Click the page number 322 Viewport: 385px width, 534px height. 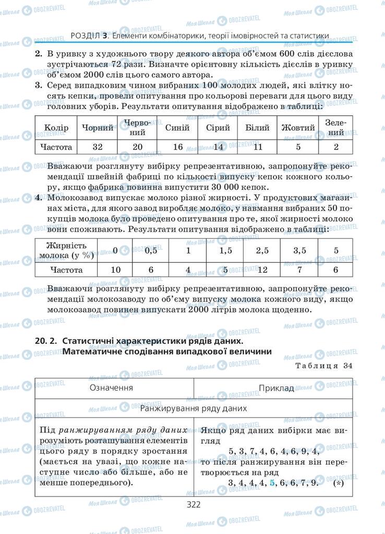193,504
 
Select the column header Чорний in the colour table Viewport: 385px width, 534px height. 98,128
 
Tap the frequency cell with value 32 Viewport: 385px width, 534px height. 98,147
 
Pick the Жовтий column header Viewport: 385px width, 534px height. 298,128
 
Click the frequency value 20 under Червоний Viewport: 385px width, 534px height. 138,147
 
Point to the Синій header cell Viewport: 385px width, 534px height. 177,128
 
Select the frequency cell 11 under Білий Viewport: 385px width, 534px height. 257,147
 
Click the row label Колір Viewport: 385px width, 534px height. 56,128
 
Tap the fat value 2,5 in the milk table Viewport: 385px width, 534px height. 262,251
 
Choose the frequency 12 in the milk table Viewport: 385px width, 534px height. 262,270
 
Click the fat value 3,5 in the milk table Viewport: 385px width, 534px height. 299,251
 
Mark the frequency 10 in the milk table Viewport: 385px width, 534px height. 115,270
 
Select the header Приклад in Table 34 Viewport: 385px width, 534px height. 276,388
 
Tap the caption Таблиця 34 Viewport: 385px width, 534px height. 323,366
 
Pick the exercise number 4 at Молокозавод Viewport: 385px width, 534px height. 38,198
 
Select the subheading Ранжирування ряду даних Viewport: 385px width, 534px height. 193,408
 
